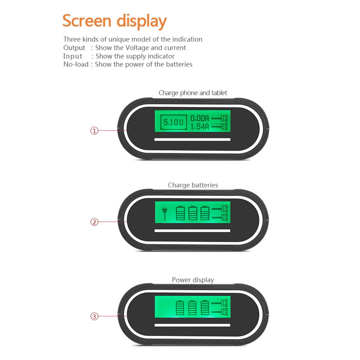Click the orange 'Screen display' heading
coord(114,21)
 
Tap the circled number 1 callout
coord(94,131)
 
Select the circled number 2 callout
coord(94,222)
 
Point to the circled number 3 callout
coord(94,316)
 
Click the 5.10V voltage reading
coord(174,122)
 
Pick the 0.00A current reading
coord(200,118)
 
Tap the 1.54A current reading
coord(200,126)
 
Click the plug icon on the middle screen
coord(165,213)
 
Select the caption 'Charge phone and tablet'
coord(193,93)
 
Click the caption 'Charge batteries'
coord(193,185)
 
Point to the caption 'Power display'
coord(193,280)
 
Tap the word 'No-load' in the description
coord(76,64)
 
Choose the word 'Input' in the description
coord(72,56)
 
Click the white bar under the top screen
coord(192,139)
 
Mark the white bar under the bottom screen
coord(192,325)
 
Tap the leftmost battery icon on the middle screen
coord(180,213)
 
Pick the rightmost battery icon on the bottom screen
coord(205,307)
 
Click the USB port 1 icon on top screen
coord(219,118)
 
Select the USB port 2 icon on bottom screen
coord(219,311)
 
